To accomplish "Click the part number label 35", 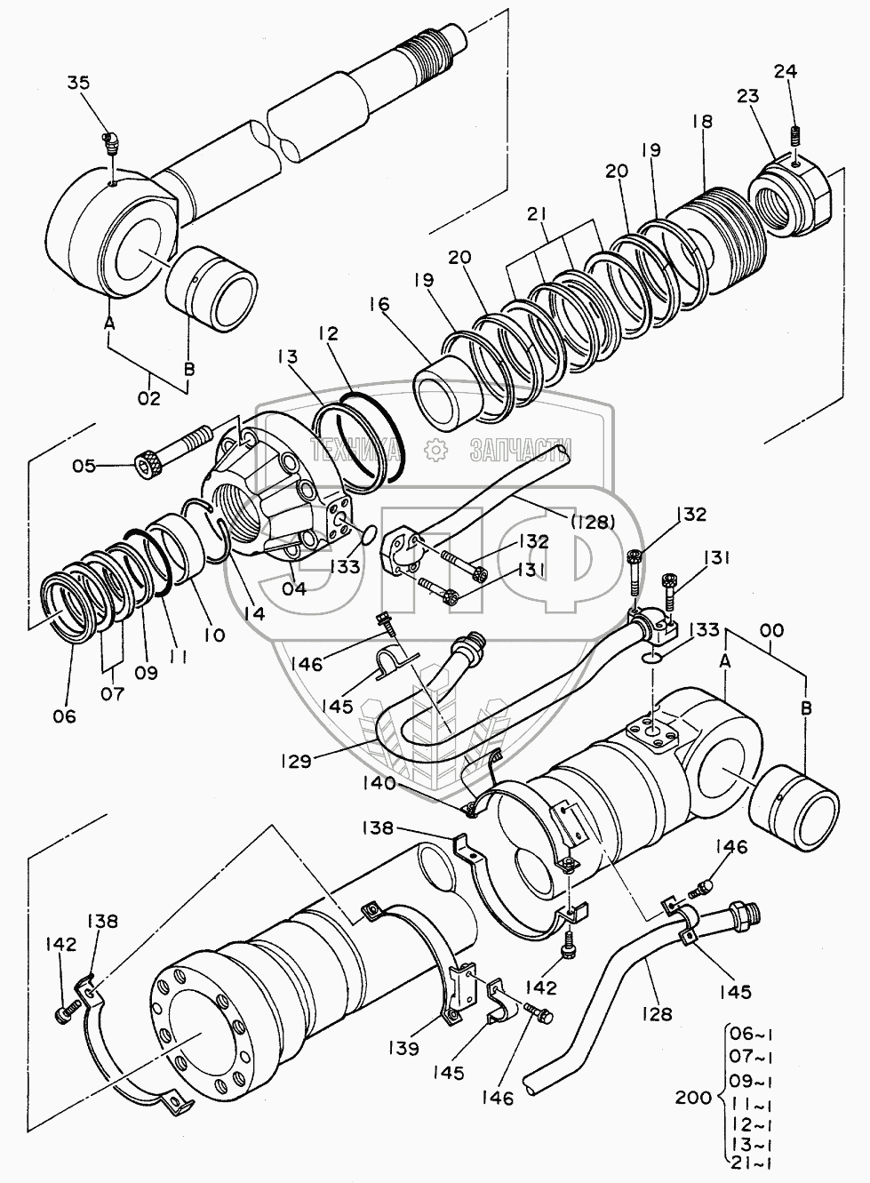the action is pyautogui.click(x=79, y=83).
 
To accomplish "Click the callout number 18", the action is pyautogui.click(x=703, y=122).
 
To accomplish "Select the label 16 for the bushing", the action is pyautogui.click(x=380, y=304).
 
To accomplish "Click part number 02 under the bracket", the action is pyautogui.click(x=149, y=397).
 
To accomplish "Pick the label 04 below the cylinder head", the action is pyautogui.click(x=293, y=588).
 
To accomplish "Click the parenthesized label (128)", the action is pyautogui.click(x=594, y=523).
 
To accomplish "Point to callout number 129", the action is pyautogui.click(x=297, y=761).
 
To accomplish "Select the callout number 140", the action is pyautogui.click(x=379, y=783).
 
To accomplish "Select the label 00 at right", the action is pyautogui.click(x=772, y=630).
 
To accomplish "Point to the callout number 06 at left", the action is pyautogui.click(x=64, y=716).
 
